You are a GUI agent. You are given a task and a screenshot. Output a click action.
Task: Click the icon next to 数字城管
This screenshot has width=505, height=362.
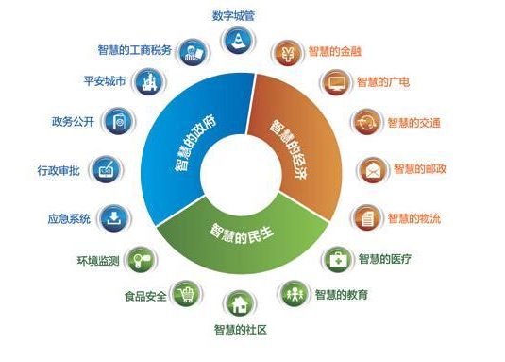click(236, 41)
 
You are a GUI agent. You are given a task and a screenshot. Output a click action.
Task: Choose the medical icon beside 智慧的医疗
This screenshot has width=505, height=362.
click(338, 257)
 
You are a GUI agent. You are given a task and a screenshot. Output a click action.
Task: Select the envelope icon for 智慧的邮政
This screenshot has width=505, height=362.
click(372, 169)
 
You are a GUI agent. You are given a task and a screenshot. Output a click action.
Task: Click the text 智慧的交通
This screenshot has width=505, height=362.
click(416, 122)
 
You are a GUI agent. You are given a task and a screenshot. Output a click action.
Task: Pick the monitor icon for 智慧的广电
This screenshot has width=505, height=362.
click(337, 82)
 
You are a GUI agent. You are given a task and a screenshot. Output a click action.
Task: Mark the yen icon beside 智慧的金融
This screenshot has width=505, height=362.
click(288, 50)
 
